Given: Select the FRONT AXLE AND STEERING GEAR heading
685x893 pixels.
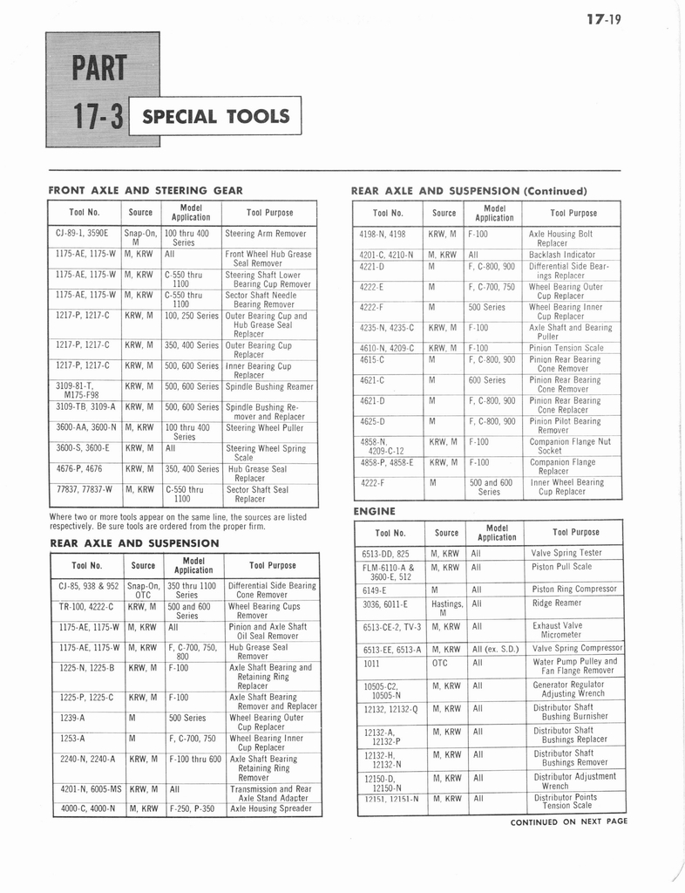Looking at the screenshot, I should click(x=146, y=190).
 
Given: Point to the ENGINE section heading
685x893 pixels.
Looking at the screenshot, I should click(x=375, y=511).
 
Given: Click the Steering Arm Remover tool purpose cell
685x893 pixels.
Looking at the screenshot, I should click(x=266, y=234).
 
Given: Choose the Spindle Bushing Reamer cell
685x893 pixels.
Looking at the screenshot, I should click(x=270, y=386).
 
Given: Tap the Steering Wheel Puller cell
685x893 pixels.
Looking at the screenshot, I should click(x=263, y=428).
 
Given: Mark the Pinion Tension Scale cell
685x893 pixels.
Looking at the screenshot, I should click(x=566, y=347).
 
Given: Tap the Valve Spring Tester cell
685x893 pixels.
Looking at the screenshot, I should click(x=566, y=553).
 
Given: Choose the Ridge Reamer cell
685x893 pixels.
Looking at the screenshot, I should click(x=556, y=603).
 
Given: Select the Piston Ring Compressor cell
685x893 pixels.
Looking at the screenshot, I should click(x=574, y=589).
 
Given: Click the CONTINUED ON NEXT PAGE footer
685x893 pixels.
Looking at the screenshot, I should click(x=568, y=821).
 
